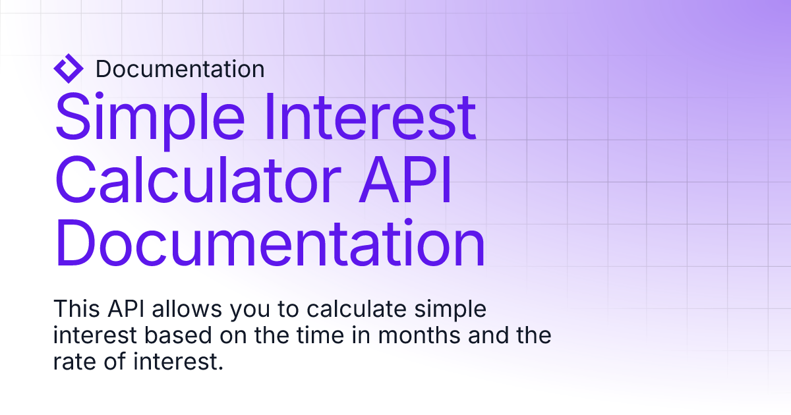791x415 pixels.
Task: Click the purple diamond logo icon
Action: pos(69,69)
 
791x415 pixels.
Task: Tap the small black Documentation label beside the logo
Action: pos(180,69)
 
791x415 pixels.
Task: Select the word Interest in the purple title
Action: pos(370,117)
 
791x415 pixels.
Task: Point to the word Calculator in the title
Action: pos(198,180)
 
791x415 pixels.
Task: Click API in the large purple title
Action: pos(405,179)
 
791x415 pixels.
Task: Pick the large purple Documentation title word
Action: pos(270,243)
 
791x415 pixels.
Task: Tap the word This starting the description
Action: pos(76,309)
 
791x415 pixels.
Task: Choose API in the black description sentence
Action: pos(126,309)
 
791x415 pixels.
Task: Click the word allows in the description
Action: pos(187,309)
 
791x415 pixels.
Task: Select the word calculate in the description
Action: pos(357,309)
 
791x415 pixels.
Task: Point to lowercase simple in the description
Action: pos(450,311)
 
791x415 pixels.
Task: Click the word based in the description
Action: pos(178,335)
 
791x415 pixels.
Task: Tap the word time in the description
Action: pos(320,335)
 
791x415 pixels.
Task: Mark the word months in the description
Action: pos(419,335)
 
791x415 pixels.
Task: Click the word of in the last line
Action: pos(115,362)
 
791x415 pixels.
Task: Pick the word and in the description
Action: pos(488,335)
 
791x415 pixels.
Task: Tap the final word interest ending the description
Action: pos(179,362)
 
